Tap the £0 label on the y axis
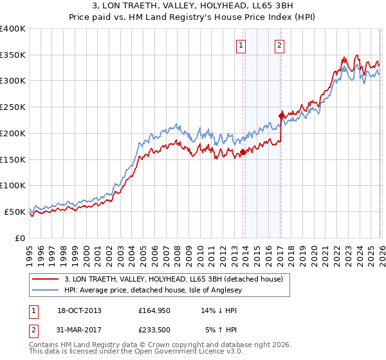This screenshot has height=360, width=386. click(x=20, y=238)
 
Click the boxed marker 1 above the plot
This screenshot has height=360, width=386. click(x=241, y=45)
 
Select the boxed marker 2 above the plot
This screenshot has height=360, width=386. click(x=280, y=45)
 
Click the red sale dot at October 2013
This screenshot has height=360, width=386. click(x=243, y=152)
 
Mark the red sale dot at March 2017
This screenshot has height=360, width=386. click(x=281, y=116)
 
